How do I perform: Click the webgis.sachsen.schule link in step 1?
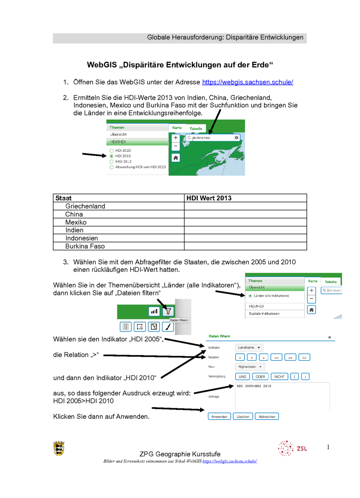tap(247, 82)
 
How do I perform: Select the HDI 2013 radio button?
tap(112, 156)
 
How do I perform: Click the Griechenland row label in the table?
tap(85, 206)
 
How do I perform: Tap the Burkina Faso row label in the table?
tap(85, 246)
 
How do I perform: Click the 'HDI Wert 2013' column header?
tap(209, 198)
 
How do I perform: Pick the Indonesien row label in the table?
tap(81, 238)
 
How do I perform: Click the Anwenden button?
tap(219, 417)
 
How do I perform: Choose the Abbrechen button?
tap(267, 417)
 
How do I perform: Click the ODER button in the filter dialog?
tap(260, 377)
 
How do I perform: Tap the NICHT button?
tap(279, 377)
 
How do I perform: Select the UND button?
tap(243, 377)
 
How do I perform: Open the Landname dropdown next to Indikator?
tap(249, 348)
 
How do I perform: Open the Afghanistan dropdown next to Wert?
tap(250, 367)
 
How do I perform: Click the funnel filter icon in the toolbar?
tap(169, 311)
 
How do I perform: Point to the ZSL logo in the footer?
tap(292, 448)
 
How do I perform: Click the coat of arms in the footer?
tap(59, 448)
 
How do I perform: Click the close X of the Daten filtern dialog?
tap(330, 337)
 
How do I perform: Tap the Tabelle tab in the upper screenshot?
tap(196, 129)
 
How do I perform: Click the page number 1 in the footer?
tap(328, 447)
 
